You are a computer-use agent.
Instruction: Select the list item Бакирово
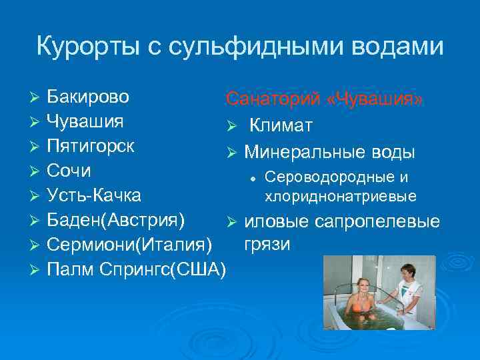(x=88, y=97)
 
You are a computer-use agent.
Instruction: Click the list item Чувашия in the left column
(x=85, y=122)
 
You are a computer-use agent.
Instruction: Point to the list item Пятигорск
(x=91, y=146)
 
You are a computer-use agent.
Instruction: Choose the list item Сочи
(x=69, y=171)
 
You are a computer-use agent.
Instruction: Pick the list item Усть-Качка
(x=93, y=195)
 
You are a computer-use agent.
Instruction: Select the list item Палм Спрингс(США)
(x=137, y=269)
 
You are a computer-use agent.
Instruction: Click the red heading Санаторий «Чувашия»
(x=324, y=99)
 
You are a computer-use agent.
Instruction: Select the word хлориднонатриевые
(x=340, y=196)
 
